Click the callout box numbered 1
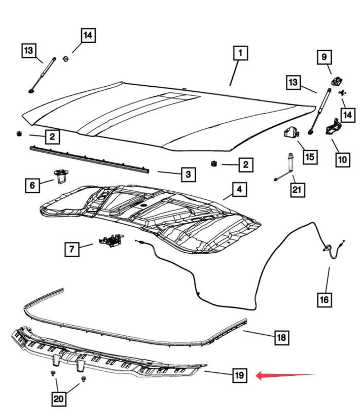240,53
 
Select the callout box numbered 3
188,174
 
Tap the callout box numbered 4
240,189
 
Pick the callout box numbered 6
32,185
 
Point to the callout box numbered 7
72,250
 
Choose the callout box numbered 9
324,57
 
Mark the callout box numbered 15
310,156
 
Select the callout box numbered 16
324,299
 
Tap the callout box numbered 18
281,337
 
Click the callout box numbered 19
240,375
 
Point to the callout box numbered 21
297,190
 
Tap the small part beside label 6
61,176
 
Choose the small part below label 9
336,80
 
